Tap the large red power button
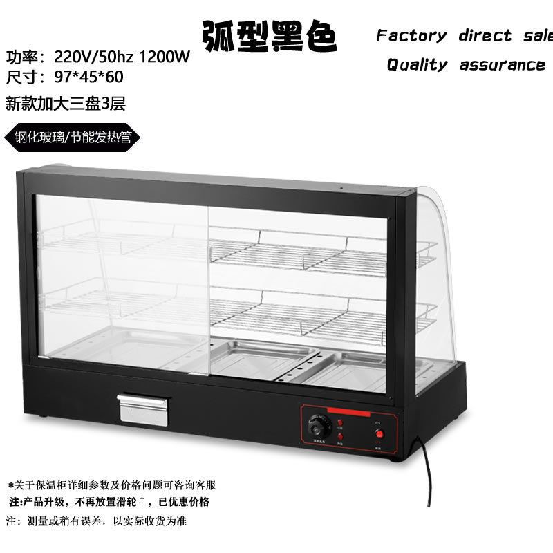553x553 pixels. pos(378,433)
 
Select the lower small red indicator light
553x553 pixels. pos(340,437)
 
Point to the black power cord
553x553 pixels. pos(427,477)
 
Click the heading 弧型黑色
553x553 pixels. pos(270,37)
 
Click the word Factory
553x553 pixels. pos(411,36)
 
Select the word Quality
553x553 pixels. pos(417,65)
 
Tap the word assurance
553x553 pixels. pos(503,65)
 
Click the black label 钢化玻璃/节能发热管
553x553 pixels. pos(73,137)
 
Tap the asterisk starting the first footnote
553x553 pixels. pos(10,485)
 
